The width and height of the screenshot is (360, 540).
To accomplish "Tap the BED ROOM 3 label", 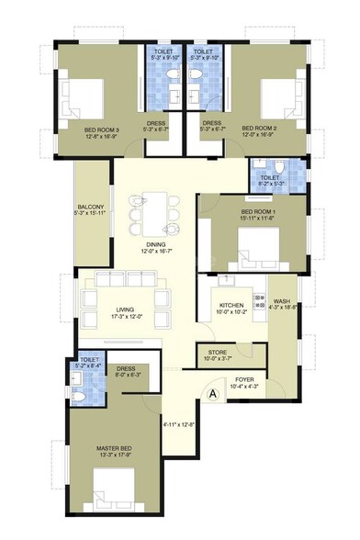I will tap(102, 129).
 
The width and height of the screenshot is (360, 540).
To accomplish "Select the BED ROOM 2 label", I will tap(259, 129).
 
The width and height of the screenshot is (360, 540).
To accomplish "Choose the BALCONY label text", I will tap(90, 207).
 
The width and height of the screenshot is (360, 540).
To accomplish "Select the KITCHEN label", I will tap(231, 305).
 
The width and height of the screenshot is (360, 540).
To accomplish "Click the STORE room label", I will tap(218, 351).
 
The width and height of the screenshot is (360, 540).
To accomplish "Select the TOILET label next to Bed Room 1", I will tap(269, 177).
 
